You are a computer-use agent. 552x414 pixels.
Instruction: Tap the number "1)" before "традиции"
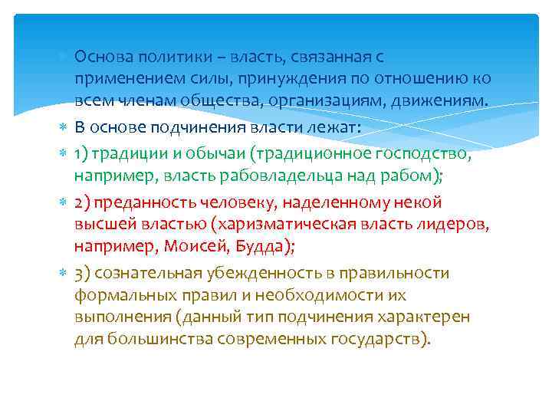pos(83,154)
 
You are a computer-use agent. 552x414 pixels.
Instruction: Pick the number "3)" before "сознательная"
pos(84,274)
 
